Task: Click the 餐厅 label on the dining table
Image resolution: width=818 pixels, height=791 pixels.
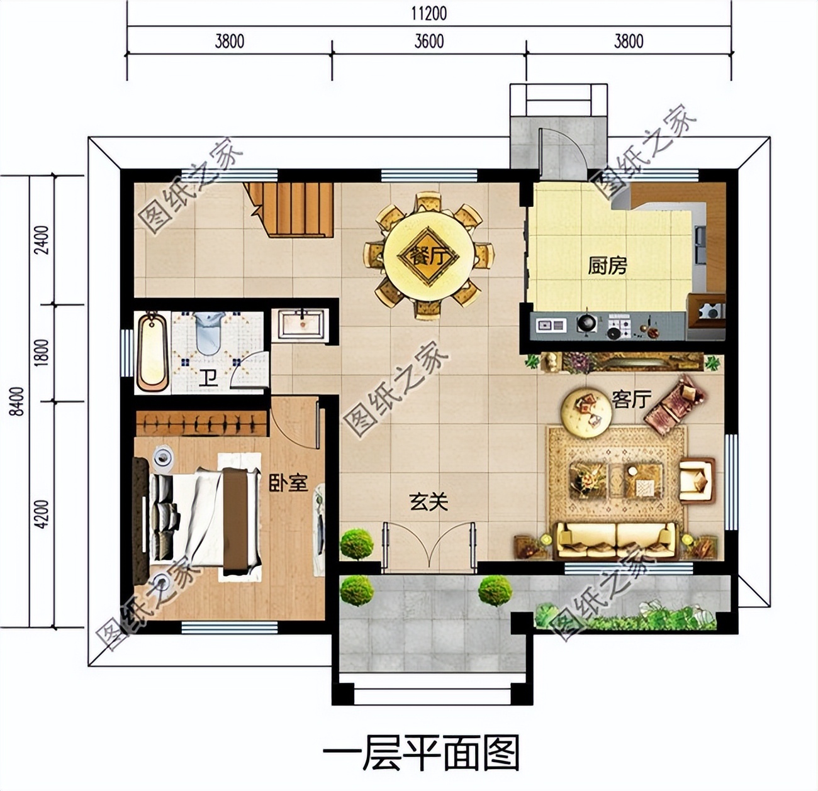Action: [429, 256]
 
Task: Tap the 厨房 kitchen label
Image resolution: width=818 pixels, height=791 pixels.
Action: [607, 265]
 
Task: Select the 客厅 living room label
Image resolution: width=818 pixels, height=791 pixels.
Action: [631, 399]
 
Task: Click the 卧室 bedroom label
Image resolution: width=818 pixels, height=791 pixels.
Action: [288, 483]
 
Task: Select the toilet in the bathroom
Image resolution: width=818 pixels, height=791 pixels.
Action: [208, 333]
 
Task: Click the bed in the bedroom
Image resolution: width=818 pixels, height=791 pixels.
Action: [201, 516]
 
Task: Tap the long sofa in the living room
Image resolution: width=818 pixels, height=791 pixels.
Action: [617, 541]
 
